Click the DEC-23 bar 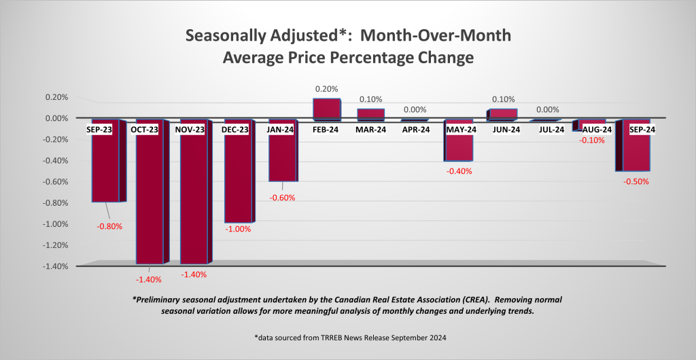click(238, 177)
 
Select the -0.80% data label click(109, 227)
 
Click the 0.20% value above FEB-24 click(325, 89)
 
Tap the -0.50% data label click(636, 181)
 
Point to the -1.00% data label click(237, 230)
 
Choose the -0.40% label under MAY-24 click(459, 171)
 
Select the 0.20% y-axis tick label click(57, 97)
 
